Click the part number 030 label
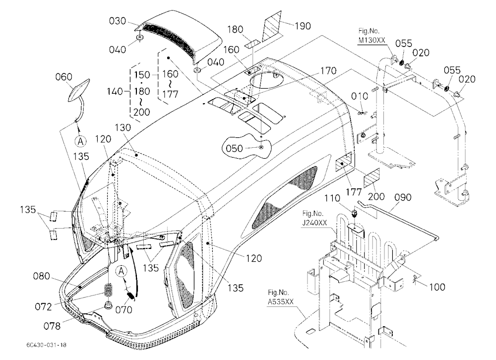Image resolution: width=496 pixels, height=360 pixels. [118, 21]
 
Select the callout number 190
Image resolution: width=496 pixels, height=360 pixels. [303, 26]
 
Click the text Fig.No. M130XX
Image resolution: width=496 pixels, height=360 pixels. [369, 36]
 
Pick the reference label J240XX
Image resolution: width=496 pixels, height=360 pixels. [314, 223]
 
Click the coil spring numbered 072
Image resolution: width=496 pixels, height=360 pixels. [109, 290]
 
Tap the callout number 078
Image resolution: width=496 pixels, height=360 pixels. [52, 325]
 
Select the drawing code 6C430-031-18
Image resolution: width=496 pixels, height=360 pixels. [44, 345]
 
